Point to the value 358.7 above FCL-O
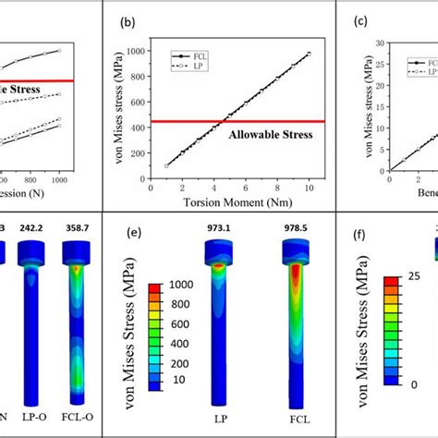coord(74,225)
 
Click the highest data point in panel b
coord(309,53)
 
